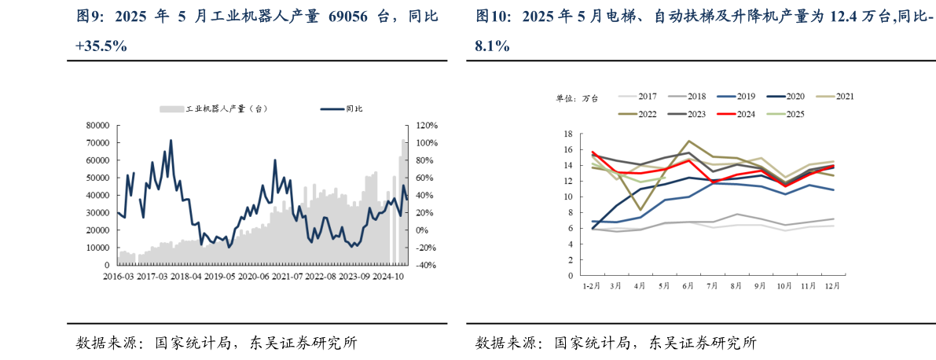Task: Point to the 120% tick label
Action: tap(427, 126)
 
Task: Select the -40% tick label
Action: tap(427, 266)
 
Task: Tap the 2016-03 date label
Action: tap(118, 277)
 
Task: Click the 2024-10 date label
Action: tap(388, 277)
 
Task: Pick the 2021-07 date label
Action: tap(287, 277)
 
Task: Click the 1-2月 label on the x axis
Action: tap(592, 286)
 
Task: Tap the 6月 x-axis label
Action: tap(688, 286)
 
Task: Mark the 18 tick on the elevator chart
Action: tap(571, 134)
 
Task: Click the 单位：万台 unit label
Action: tap(578, 97)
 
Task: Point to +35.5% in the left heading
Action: tap(101, 46)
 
